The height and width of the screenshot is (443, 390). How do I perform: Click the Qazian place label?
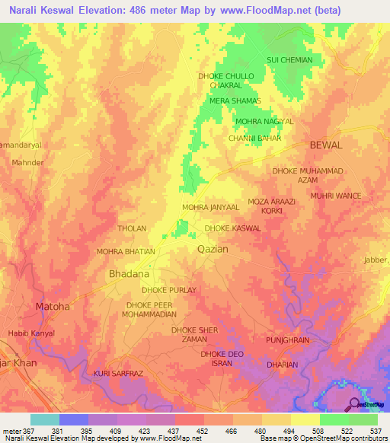[213, 249]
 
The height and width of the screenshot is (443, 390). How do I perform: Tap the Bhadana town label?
[126, 272]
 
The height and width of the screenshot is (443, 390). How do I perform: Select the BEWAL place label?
[326, 145]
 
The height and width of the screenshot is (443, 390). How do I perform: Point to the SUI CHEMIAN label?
[289, 59]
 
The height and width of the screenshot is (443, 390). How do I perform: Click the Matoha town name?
[53, 307]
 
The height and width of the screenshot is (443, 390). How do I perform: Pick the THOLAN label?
[131, 228]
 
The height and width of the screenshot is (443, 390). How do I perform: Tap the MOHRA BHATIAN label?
[126, 251]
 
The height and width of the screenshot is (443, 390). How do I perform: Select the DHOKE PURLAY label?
[169, 291]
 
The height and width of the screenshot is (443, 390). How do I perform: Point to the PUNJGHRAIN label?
[287, 340]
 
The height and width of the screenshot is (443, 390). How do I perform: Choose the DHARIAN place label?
[283, 364]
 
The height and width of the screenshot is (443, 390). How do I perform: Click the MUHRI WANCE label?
[335, 196]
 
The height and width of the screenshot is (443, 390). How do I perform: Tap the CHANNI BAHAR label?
[255, 139]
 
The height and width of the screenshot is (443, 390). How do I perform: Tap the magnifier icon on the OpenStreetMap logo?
[356, 404]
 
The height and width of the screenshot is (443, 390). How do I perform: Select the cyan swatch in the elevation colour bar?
[45, 419]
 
